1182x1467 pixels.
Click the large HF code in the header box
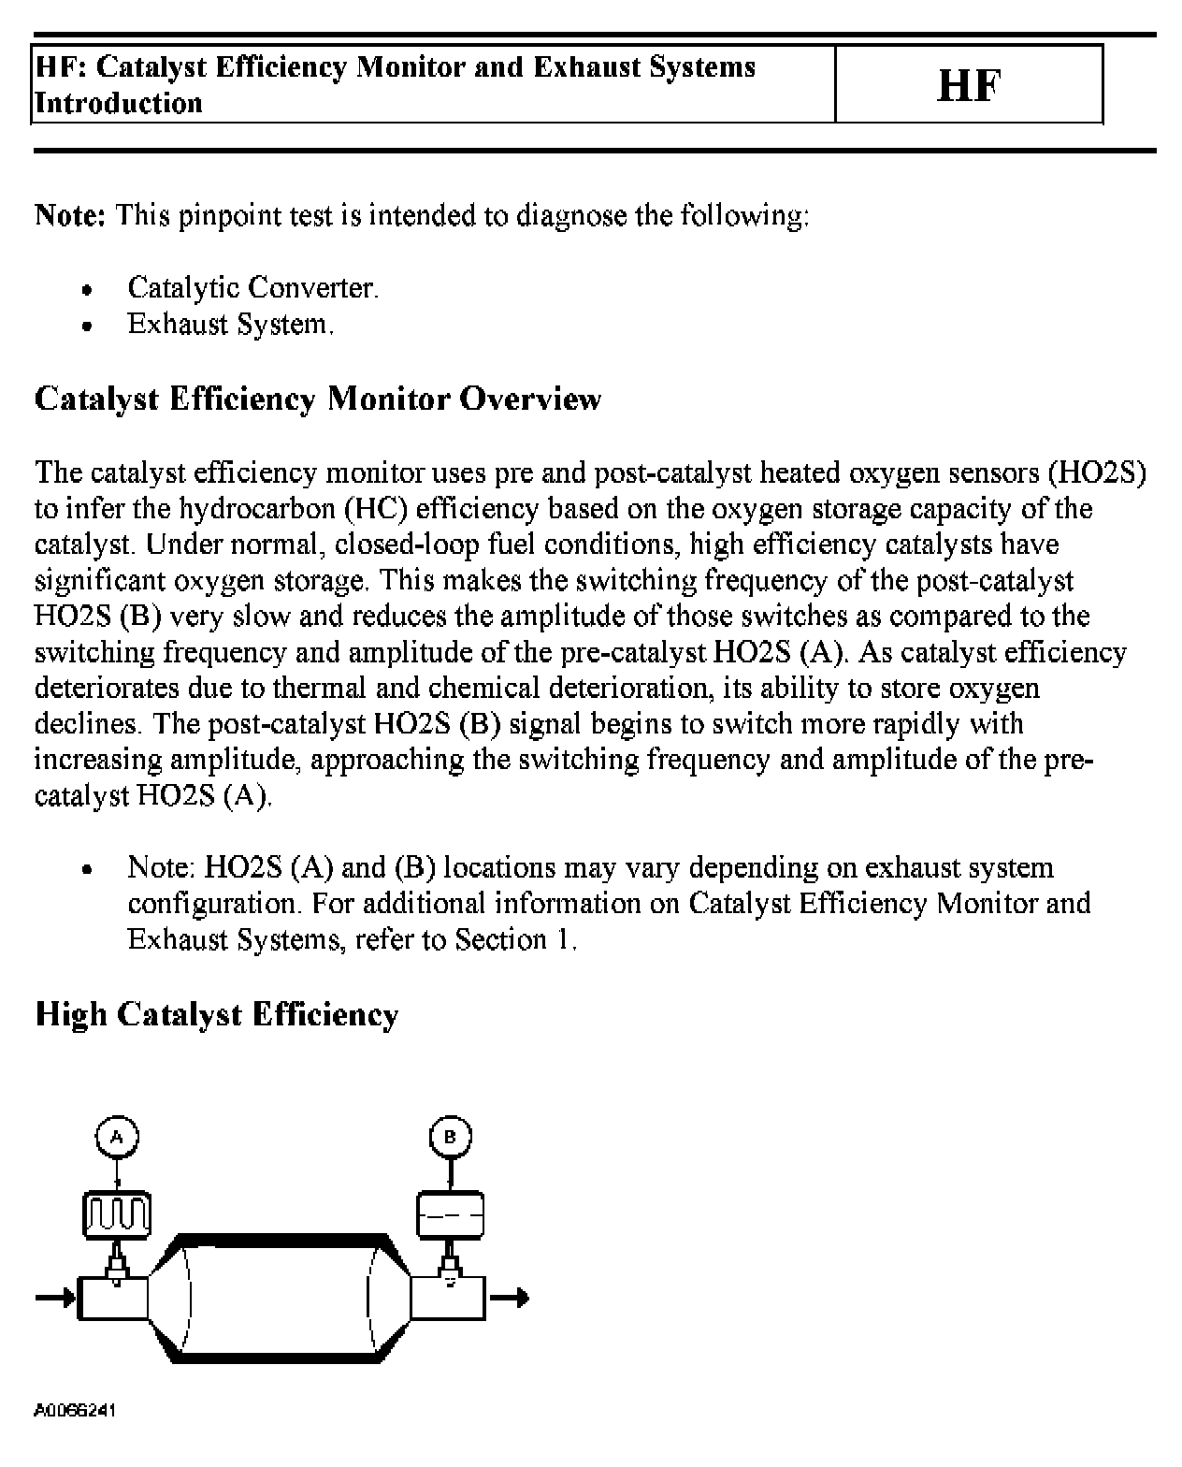[968, 86]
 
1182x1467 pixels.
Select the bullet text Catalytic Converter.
[252, 288]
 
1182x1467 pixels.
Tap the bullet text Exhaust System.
[230, 325]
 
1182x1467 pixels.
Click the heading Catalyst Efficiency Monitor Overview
[318, 399]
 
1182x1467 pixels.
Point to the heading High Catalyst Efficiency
[217, 1015]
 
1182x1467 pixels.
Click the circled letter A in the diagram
[117, 1138]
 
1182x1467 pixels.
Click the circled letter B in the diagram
[450, 1138]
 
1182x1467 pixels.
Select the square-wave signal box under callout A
[117, 1214]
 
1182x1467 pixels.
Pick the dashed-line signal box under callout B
[450, 1214]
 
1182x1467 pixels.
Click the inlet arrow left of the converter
[54, 1298]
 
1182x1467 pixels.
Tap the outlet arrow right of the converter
[510, 1298]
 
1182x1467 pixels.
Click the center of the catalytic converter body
[279, 1297]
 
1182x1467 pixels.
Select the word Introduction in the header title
[119, 103]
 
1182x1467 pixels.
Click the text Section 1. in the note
[516, 939]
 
